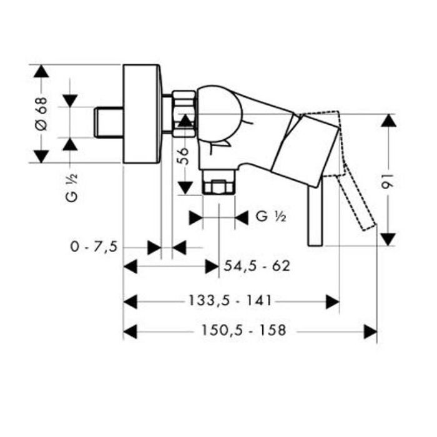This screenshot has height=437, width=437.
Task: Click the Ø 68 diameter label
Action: [x=41, y=114]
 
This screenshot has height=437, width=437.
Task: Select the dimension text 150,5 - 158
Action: [x=243, y=330]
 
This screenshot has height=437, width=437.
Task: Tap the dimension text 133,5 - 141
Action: [x=230, y=300]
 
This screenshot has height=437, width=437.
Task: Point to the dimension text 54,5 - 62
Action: [x=257, y=266]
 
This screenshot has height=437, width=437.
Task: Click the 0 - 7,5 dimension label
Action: [x=94, y=247]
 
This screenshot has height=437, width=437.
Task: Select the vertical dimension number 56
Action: [x=184, y=156]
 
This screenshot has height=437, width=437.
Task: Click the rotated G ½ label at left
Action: [x=71, y=187]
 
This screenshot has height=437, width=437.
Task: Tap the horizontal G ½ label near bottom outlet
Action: [x=271, y=216]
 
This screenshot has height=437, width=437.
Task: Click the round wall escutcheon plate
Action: [x=142, y=114]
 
